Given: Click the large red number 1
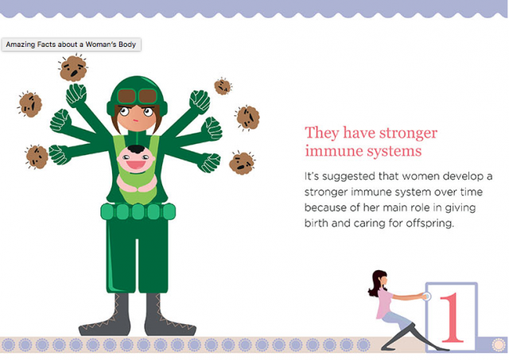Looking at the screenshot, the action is [x=453, y=317].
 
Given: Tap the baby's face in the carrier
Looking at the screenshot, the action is [x=136, y=161].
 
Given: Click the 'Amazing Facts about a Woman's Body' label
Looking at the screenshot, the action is [x=71, y=45].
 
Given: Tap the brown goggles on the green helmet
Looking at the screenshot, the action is [x=138, y=96].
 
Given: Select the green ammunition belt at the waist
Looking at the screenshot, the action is [x=138, y=211].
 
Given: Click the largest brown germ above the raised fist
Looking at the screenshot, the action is [x=73, y=68].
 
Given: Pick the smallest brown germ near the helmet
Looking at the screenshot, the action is [x=223, y=87].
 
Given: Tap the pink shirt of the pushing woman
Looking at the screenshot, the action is [x=384, y=303].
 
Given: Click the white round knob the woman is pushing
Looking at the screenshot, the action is [x=426, y=296].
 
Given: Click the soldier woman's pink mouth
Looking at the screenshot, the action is [x=136, y=121].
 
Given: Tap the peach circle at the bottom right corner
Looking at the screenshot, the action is [x=499, y=345].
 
